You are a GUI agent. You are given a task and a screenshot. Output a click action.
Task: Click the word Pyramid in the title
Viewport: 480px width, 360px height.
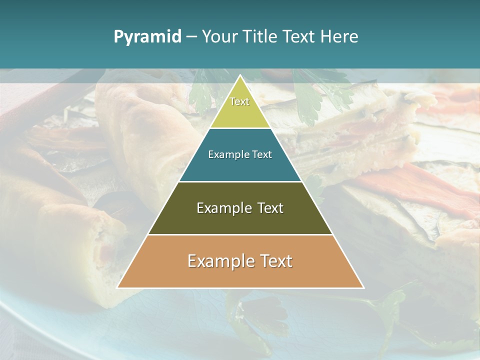(x=147, y=37)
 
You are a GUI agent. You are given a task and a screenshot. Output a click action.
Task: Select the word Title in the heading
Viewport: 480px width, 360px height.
(x=260, y=36)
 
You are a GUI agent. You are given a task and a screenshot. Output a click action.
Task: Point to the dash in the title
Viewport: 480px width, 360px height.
(x=191, y=37)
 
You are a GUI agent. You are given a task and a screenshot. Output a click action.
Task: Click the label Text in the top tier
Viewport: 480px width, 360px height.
(x=239, y=101)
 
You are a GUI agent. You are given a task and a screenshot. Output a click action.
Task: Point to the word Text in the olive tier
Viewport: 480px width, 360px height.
(x=270, y=208)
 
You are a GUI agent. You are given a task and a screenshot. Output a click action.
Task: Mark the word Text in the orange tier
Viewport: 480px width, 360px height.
(x=276, y=261)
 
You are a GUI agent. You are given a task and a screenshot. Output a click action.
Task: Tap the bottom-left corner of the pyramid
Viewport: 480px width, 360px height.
(x=117, y=287)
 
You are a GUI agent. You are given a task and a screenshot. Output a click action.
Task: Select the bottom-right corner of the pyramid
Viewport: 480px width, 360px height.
(x=363, y=287)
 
